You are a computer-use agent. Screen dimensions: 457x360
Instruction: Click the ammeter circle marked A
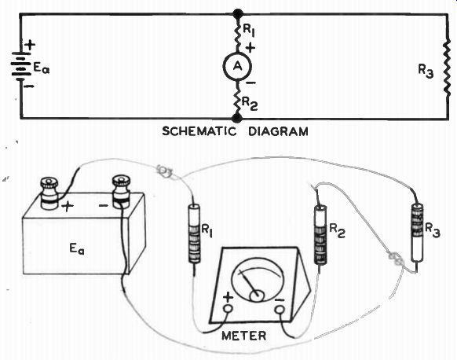tap(238, 67)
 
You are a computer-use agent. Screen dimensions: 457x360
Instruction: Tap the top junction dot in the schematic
tap(238, 13)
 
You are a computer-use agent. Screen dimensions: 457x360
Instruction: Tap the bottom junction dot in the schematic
tap(237, 118)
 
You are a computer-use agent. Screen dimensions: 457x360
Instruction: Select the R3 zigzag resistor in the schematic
tap(447, 70)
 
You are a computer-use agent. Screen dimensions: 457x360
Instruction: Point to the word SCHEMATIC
tap(199, 131)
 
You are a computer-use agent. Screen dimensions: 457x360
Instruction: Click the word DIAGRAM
tap(278, 131)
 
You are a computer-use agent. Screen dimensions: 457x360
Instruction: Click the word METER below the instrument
tap(244, 336)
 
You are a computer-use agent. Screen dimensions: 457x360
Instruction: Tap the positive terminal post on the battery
tap(49, 193)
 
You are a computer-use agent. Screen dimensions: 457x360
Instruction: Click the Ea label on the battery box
tap(77, 249)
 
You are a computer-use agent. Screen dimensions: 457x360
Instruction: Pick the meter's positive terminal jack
tap(228, 308)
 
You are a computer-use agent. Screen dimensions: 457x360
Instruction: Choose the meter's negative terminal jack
tap(280, 309)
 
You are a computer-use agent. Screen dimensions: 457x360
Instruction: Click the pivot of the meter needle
tap(257, 296)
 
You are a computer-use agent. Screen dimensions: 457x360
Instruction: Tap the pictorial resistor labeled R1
tap(194, 234)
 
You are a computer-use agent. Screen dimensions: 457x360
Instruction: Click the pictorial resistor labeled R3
tap(418, 233)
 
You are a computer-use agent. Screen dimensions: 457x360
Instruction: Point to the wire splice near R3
tap(396, 259)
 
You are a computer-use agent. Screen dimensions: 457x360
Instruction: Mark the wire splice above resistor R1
tap(164, 170)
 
